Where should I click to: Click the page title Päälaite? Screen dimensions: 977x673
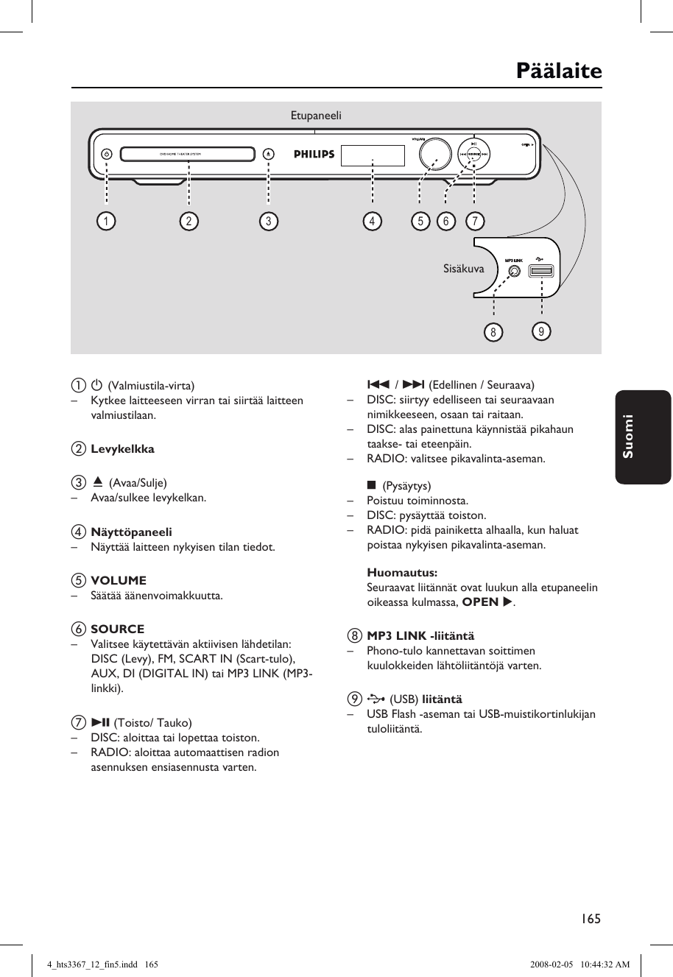pos(558,71)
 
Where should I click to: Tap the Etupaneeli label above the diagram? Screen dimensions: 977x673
pos(316,116)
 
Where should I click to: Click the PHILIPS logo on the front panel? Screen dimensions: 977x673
pos(314,155)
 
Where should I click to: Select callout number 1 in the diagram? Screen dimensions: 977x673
pos(107,221)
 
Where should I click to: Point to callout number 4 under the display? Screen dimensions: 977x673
pos(372,221)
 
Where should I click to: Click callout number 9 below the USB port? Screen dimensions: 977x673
pos(541,331)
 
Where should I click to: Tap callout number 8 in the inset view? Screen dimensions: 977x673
pos(493,332)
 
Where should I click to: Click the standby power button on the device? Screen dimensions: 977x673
pos(107,155)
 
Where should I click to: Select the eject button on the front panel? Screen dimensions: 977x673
pos(268,155)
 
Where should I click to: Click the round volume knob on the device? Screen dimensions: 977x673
pos(434,154)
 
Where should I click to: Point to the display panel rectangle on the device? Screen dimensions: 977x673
pos(373,155)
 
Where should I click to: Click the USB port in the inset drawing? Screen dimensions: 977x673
pos(540,271)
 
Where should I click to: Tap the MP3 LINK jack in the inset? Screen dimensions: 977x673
pos(515,271)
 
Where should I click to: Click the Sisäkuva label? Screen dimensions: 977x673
pos(464,269)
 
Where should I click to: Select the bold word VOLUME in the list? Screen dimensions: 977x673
pos(119,580)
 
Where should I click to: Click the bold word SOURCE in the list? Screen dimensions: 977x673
pos(118,629)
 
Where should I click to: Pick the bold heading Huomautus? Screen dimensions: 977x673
pos(402,572)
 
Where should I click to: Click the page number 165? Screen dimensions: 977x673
pos(591,918)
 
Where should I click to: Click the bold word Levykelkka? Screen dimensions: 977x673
pos(122,448)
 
